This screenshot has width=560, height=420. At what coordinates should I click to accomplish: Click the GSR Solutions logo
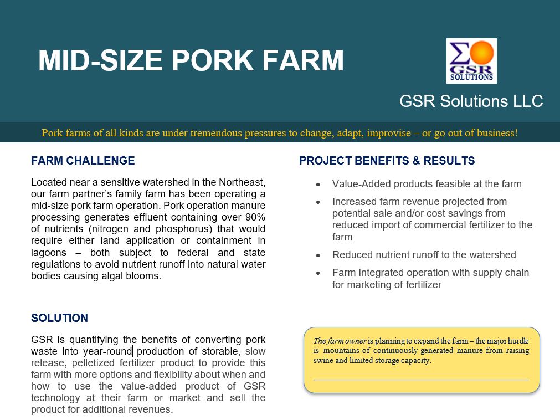[471, 61]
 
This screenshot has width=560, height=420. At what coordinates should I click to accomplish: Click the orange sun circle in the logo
[482, 53]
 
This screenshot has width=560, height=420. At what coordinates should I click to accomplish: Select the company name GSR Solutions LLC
[471, 101]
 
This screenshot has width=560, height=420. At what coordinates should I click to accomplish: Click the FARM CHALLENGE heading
[83, 161]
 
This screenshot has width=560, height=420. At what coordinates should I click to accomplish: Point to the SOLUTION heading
[59, 318]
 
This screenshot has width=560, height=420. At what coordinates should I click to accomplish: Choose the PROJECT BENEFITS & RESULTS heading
[387, 161]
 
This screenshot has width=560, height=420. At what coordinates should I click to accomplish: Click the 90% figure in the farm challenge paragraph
[255, 217]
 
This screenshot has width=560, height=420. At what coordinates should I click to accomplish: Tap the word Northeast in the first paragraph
[242, 182]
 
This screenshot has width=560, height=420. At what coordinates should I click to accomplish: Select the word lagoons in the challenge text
[49, 253]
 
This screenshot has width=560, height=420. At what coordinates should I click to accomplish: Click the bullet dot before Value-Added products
[318, 185]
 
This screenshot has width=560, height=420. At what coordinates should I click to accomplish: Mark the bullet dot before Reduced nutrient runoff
[318, 255]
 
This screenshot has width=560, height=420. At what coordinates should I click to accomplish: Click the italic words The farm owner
[340, 341]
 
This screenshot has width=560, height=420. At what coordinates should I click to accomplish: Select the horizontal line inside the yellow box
[421, 380]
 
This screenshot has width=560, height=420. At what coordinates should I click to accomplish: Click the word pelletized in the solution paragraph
[94, 363]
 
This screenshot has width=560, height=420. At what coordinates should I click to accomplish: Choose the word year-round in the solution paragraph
[107, 351]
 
